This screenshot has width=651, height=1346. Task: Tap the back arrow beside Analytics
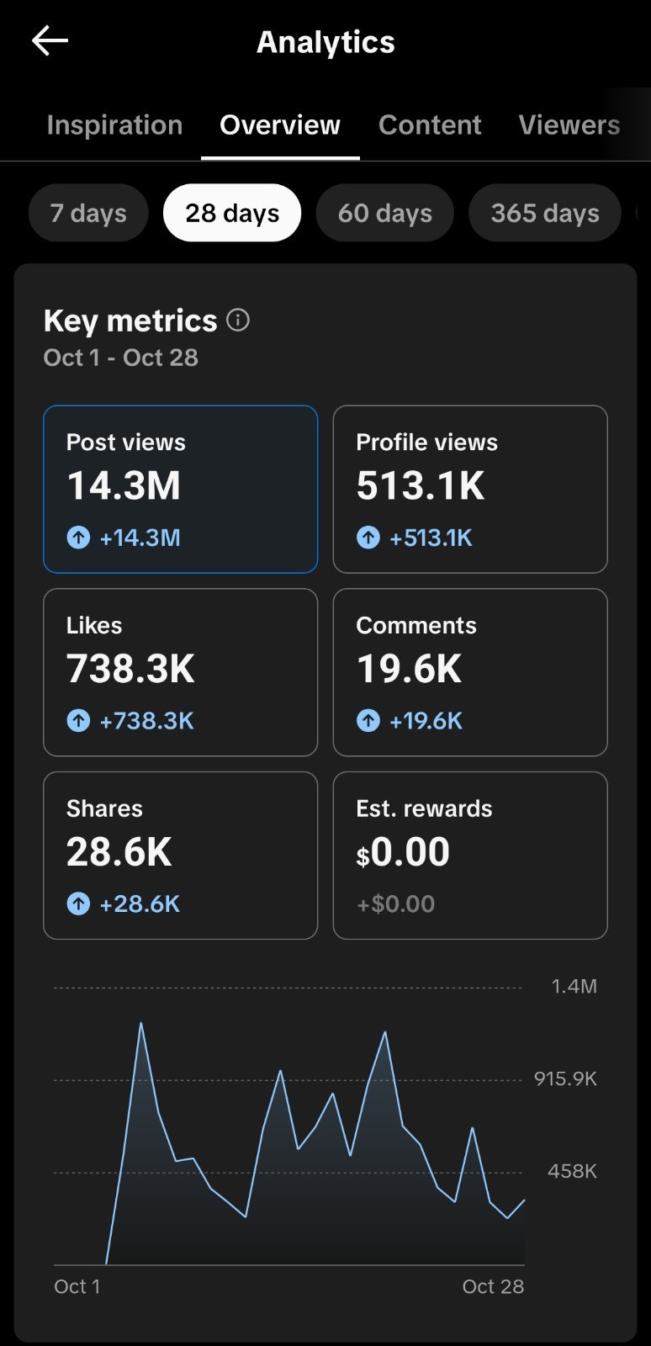point(50,41)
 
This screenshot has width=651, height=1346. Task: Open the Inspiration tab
point(114,125)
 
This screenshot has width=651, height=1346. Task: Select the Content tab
point(430,125)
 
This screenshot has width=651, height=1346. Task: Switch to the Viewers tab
point(569,125)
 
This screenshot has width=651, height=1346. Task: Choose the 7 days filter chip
point(88,213)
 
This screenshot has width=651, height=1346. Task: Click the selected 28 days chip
point(232,213)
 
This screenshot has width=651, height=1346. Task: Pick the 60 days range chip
point(385,213)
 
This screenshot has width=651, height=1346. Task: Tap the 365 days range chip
point(545,213)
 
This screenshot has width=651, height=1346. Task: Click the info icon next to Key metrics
point(238,320)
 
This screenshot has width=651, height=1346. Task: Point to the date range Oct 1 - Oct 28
point(121,358)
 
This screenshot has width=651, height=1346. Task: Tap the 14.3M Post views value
point(124,485)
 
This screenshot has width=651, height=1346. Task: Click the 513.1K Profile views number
point(421,485)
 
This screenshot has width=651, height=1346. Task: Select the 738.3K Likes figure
point(130,669)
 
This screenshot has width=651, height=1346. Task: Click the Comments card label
point(416,626)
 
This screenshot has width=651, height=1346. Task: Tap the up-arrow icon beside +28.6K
point(78,904)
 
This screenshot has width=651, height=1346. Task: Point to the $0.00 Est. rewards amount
point(403,852)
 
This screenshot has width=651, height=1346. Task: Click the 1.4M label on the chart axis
point(574,986)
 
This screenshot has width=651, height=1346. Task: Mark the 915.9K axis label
point(566,1078)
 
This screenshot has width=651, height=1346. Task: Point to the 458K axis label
point(572,1170)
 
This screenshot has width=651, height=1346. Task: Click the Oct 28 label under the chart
point(493,1286)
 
